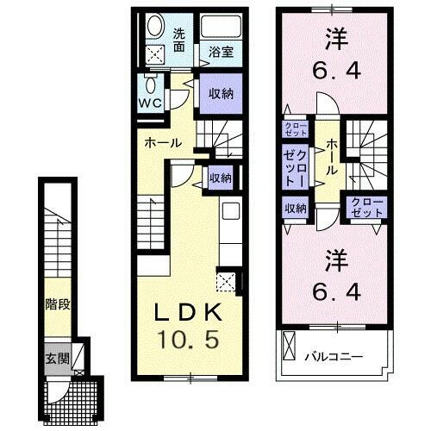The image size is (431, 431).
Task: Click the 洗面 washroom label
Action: [x=179, y=41]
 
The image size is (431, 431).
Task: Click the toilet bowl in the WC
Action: [x=153, y=86]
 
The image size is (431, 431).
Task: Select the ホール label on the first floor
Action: [x=163, y=142]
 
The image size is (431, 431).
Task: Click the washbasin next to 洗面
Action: [x=155, y=26]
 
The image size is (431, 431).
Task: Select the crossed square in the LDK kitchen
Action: [x=226, y=280]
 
